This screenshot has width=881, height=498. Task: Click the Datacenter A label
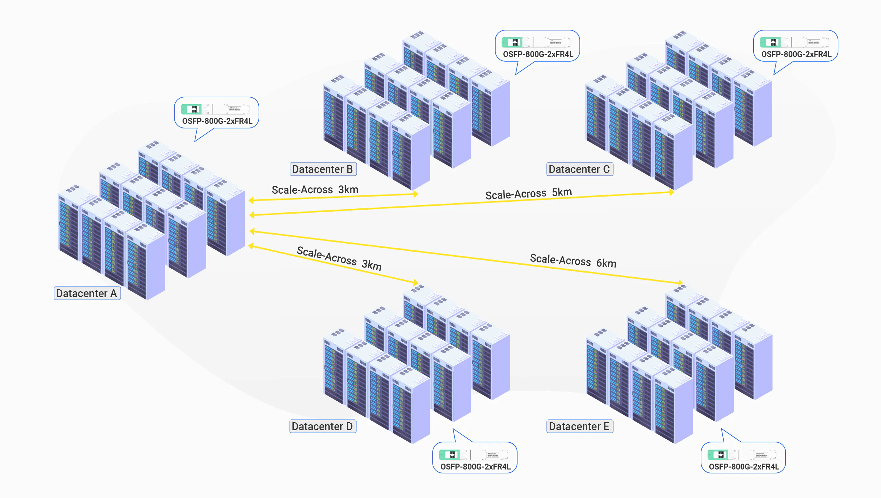click(x=87, y=293)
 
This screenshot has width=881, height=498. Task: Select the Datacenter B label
click(x=323, y=169)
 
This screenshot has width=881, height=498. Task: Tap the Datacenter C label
click(x=579, y=169)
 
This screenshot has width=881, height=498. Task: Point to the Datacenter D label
click(x=322, y=426)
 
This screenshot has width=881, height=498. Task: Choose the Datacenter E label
click(x=579, y=426)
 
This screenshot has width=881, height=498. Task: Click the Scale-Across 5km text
click(x=529, y=193)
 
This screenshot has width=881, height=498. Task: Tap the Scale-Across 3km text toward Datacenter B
click(x=315, y=189)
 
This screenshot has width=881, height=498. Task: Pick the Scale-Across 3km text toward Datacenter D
click(x=339, y=258)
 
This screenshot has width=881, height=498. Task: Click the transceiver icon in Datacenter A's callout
click(x=216, y=109)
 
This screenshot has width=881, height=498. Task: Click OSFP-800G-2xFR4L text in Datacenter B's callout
click(x=538, y=54)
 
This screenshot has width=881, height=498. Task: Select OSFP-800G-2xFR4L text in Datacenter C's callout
click(x=796, y=54)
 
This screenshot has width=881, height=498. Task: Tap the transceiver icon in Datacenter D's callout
click(x=474, y=454)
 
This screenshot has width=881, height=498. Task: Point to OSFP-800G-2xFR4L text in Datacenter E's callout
click(x=744, y=467)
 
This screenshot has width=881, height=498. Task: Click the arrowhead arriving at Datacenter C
click(x=672, y=192)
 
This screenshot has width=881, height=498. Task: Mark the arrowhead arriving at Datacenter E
click(x=680, y=282)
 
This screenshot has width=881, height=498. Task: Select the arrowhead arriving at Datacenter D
click(x=415, y=282)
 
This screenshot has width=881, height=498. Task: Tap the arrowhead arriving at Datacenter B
click(x=416, y=194)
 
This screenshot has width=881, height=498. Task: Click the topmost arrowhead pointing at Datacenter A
click(x=251, y=200)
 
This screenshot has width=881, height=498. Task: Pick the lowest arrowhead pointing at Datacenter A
click(x=251, y=246)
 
